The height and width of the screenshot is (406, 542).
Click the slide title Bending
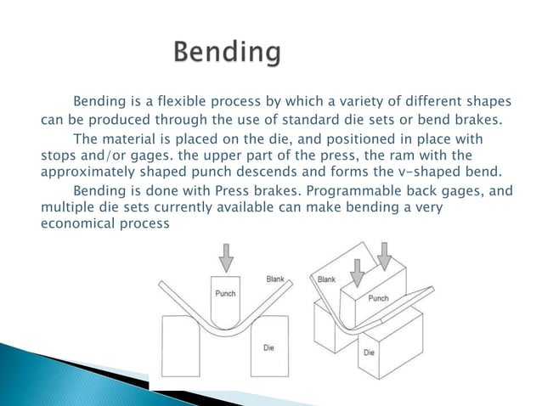click(x=227, y=54)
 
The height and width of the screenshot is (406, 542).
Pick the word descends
click(x=302, y=170)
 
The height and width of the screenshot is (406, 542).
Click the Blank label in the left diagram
click(x=276, y=279)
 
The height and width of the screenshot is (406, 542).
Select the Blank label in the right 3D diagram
click(x=327, y=279)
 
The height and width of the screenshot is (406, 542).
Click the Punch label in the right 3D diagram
click(x=378, y=299)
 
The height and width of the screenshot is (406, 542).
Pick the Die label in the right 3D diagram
click(x=370, y=352)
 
